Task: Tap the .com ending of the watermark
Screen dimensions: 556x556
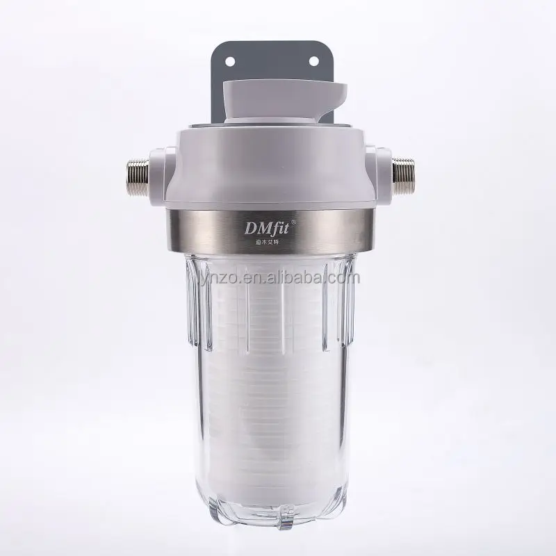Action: pyautogui.click(x=344, y=278)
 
